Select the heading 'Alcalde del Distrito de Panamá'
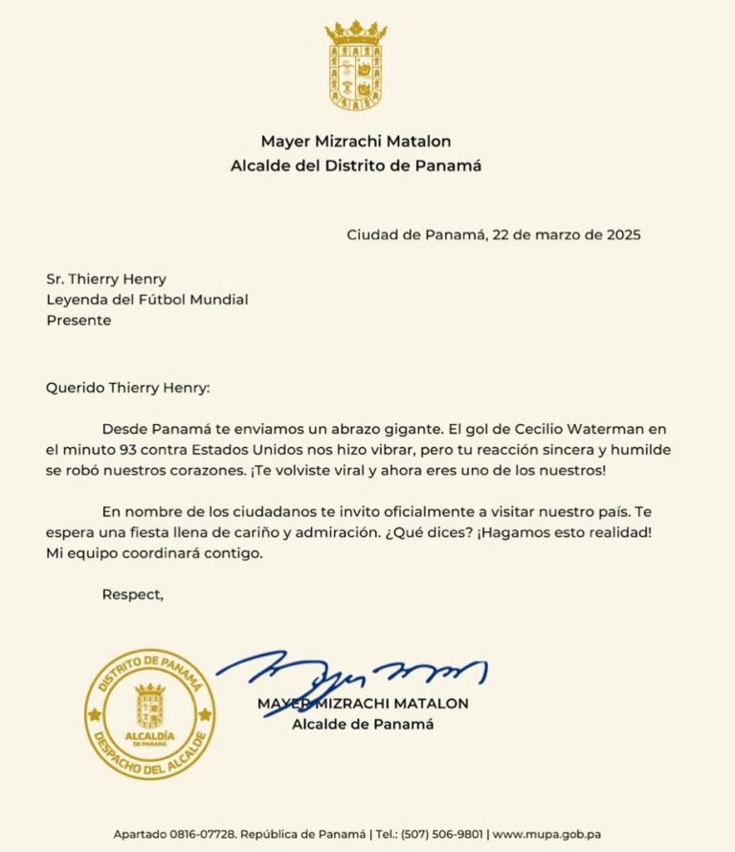coord(356,166)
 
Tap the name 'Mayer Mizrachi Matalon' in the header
coord(356,142)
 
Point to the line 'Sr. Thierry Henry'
coord(106,279)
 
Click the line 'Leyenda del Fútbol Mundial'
coord(147,300)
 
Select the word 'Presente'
coord(78,321)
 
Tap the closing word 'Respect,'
coord(133,594)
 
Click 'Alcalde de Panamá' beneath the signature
coord(363,725)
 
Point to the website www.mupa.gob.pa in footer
coord(546,835)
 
